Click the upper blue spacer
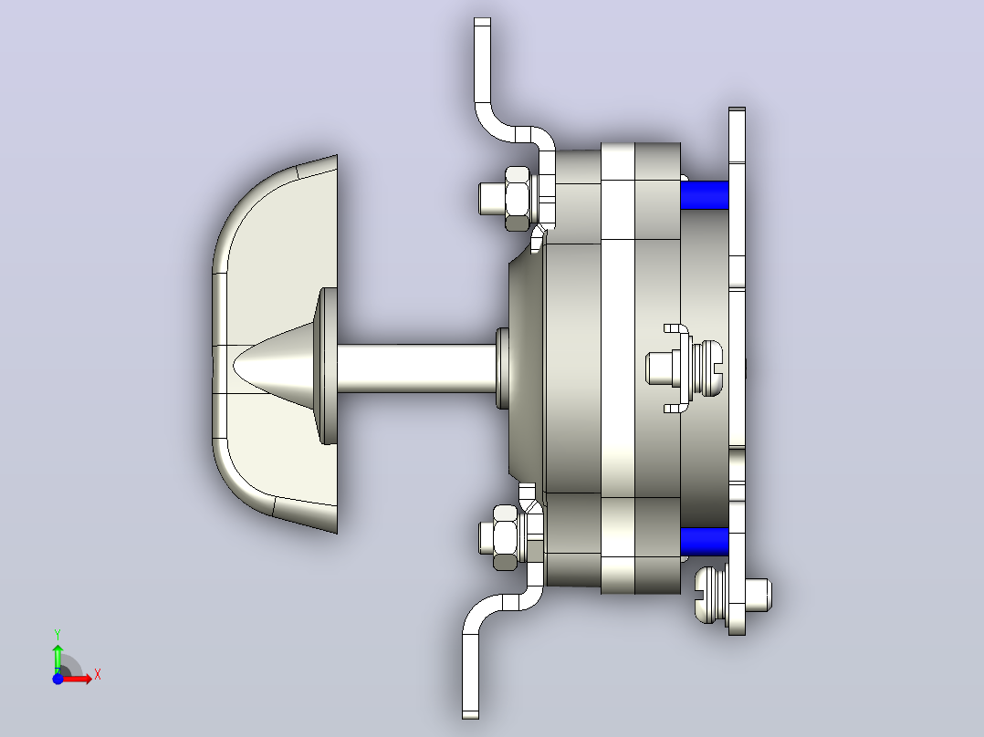pyautogui.click(x=704, y=195)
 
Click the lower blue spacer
pyautogui.click(x=704, y=541)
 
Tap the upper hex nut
pyautogui.click(x=518, y=198)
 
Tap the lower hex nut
pyautogui.click(x=507, y=537)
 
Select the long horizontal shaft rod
pyautogui.click(x=416, y=368)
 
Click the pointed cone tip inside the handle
pyautogui.click(x=235, y=365)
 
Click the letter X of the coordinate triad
pyautogui.click(x=98, y=675)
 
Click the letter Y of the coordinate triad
pyautogui.click(x=58, y=634)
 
